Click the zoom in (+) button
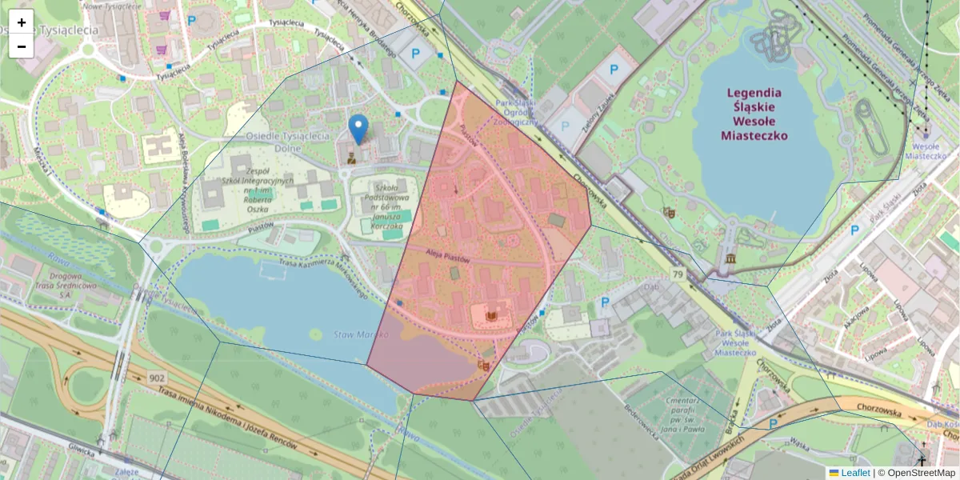[x=22, y=22]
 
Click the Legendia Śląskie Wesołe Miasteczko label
[x=754, y=114]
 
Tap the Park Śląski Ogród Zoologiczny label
[x=515, y=113]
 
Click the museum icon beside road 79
[x=731, y=258]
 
